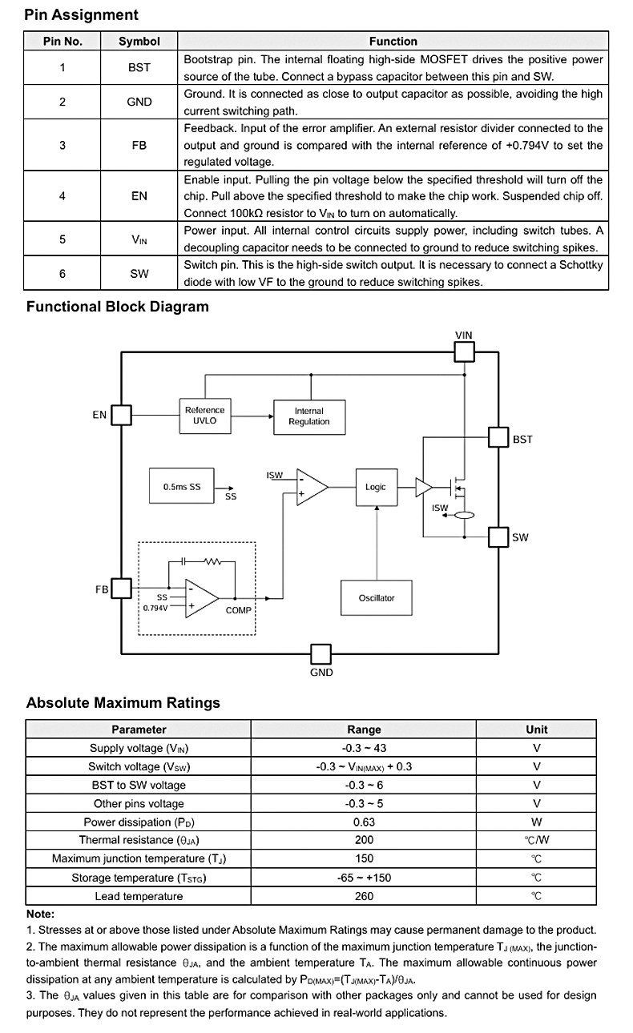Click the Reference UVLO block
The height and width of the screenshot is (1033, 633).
205,416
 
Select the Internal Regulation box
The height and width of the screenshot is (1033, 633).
309,416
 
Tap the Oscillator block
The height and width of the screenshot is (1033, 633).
377,597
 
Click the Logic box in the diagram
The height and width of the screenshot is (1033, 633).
377,487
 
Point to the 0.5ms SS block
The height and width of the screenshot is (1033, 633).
182,486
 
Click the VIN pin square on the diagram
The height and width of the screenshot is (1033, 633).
464,352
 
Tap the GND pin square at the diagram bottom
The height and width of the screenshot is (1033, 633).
321,654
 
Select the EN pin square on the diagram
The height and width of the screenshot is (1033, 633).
121,415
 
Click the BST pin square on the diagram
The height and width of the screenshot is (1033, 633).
498,437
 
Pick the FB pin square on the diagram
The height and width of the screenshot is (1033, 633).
121,589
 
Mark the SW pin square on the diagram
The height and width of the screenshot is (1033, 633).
498,537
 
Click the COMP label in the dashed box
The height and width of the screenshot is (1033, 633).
239,610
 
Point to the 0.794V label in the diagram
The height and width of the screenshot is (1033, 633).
155,609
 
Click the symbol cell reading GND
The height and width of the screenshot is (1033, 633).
139,102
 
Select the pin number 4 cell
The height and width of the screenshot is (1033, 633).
62,196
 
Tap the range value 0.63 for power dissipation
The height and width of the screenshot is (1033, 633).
364,822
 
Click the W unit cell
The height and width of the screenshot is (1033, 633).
536,822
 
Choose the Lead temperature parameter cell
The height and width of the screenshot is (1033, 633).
139,896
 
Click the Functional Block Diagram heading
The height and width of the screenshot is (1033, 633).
117,307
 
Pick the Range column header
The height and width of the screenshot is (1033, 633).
364,729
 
